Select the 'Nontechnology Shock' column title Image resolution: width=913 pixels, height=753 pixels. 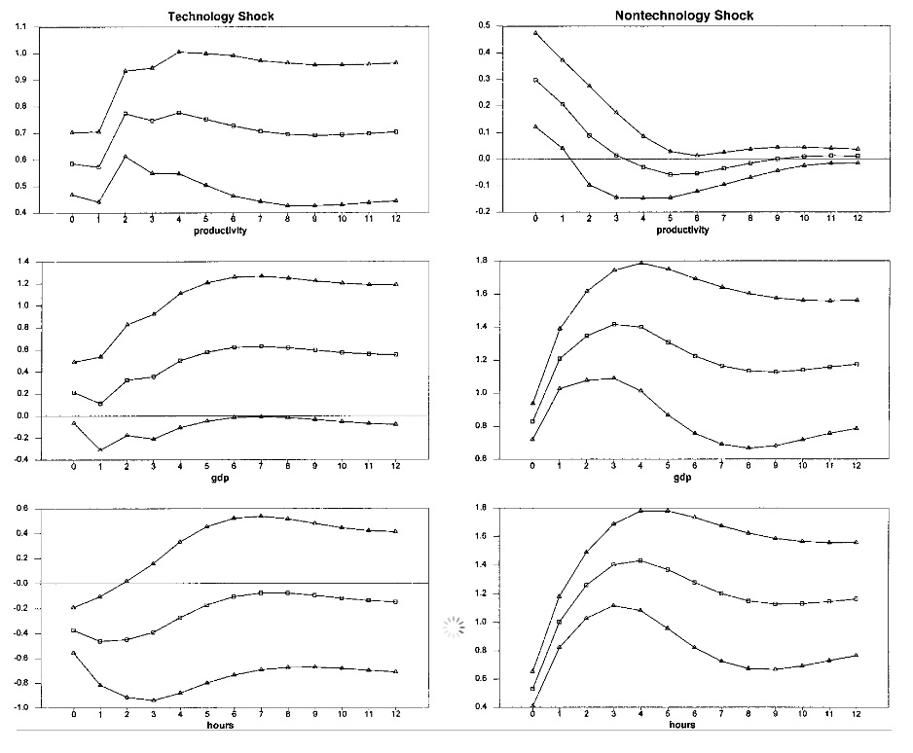684,16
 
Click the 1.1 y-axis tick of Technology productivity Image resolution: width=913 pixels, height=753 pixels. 21,26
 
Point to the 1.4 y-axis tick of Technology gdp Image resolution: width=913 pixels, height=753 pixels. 21,262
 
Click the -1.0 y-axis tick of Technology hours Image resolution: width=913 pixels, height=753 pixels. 19,707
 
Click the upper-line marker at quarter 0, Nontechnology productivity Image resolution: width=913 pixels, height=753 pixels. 533,33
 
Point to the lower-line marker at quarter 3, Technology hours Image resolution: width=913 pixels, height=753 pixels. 153,699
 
